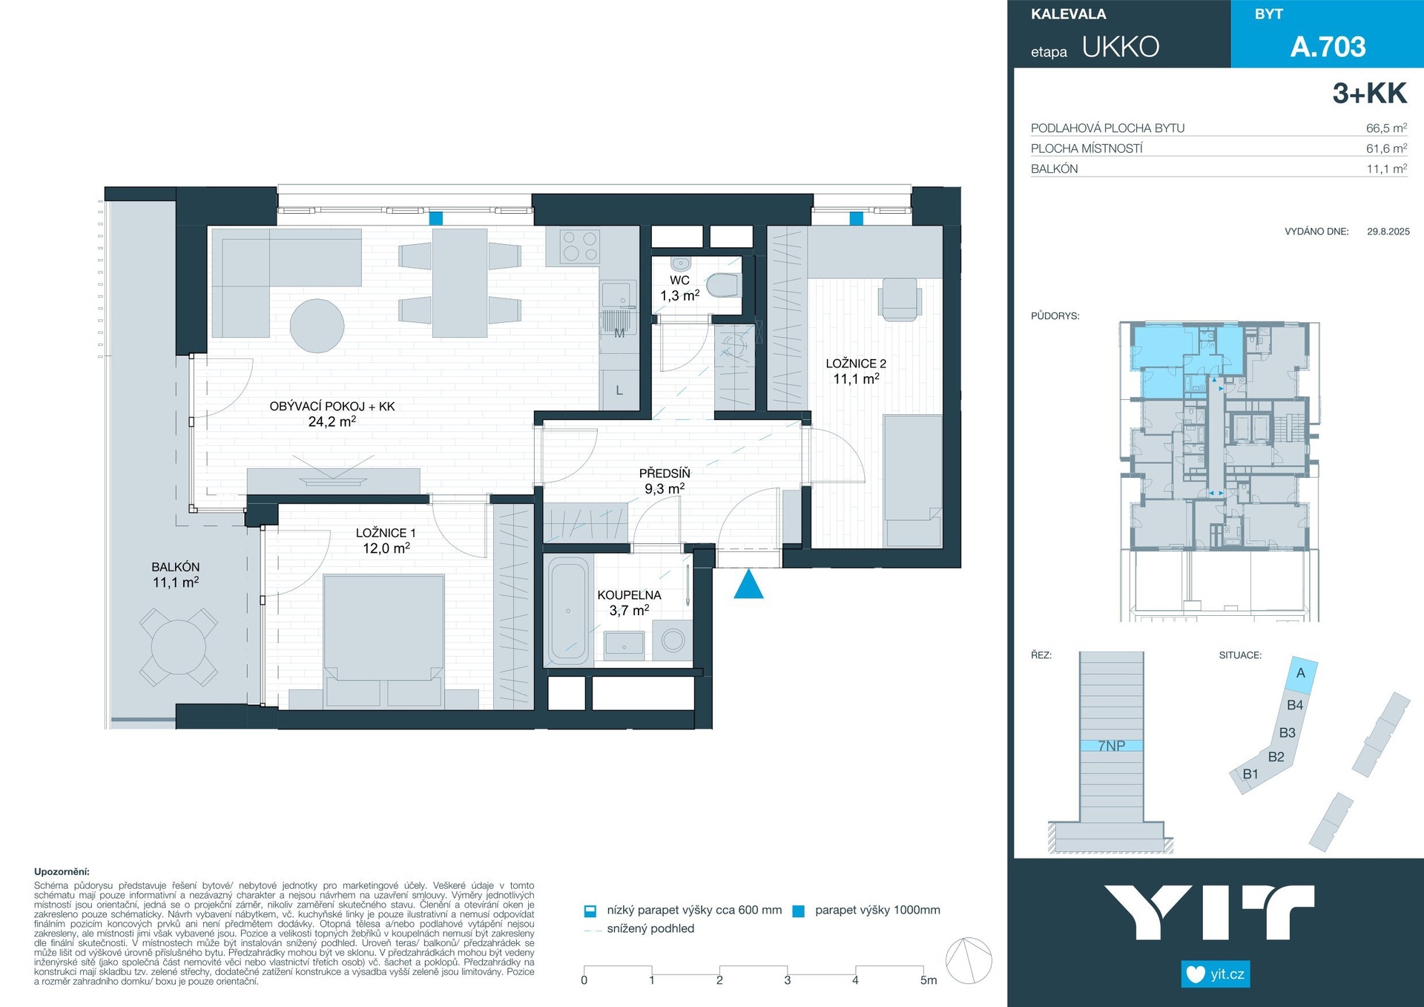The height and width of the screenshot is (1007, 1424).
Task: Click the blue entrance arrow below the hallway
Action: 748,584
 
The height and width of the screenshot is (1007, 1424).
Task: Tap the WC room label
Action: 679,281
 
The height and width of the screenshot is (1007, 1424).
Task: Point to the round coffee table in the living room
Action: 317,326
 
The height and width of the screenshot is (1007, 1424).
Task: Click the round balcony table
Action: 178,647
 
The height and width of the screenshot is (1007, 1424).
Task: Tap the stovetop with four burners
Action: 573,246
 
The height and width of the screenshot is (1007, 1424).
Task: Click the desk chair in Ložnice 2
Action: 900,299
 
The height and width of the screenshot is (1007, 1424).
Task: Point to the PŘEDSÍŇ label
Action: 665,473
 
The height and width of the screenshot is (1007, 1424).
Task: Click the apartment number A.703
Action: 1328,47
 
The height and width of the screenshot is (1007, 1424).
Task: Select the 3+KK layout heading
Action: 1369,94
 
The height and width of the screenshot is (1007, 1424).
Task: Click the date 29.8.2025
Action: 1388,232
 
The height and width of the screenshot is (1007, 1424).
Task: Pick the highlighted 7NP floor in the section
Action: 1111,746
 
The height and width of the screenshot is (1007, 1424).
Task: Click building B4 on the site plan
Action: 1294,706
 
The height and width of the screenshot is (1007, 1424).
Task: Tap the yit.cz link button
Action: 1216,974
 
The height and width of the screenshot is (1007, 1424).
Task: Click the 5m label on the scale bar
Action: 929,980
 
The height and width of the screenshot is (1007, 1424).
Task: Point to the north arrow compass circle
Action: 969,960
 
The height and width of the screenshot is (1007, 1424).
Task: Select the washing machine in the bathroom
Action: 673,640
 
